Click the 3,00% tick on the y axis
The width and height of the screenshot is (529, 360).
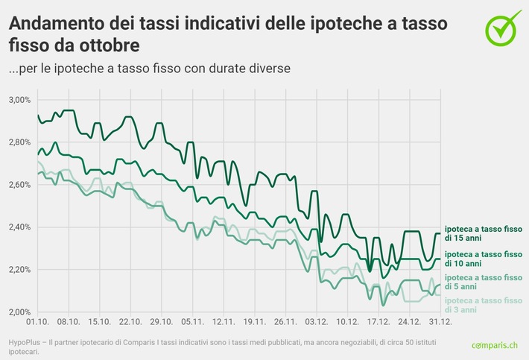pos(19,99)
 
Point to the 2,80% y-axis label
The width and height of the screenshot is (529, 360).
pos(19,142)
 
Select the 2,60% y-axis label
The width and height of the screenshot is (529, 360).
pos(19,184)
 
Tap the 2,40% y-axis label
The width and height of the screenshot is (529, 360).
pos(19,227)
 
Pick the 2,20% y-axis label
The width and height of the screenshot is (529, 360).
pos(19,269)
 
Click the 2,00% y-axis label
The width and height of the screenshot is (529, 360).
pos(19,312)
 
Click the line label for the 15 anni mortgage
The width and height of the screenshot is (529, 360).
pos(483,233)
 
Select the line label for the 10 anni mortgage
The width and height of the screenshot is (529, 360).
pos(483,259)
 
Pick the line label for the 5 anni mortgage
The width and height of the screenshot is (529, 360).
pos(483,282)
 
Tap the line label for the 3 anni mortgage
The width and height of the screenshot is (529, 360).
pos(483,304)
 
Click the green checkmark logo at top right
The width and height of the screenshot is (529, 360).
pos(504,28)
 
